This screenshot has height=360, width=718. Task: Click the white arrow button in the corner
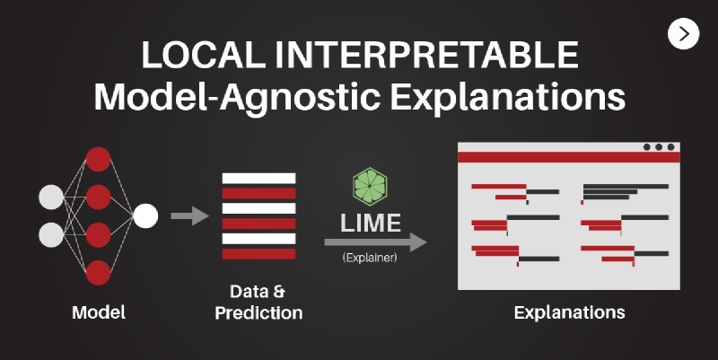tap(685, 33)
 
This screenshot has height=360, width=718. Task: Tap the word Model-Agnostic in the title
tap(232, 96)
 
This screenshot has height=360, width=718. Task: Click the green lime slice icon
tap(370, 189)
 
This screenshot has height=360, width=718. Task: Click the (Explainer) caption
tap(370, 259)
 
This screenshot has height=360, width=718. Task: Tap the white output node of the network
tap(145, 215)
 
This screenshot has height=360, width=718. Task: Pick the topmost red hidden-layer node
tap(98, 159)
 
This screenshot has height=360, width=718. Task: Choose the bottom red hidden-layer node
tap(98, 271)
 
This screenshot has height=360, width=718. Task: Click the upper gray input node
tap(52, 197)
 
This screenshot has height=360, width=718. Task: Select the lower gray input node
tap(52, 234)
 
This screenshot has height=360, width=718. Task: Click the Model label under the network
tap(99, 312)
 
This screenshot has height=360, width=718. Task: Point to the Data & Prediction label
tap(258, 303)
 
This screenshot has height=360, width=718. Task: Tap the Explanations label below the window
tap(569, 312)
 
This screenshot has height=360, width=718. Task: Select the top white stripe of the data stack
tap(258, 178)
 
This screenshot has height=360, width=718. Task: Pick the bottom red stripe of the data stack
tap(258, 254)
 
